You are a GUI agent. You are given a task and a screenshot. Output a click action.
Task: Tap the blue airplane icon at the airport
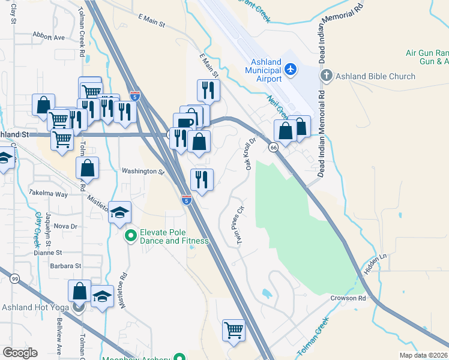pos(291,69)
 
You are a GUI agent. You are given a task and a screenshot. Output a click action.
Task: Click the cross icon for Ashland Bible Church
pos(326,76)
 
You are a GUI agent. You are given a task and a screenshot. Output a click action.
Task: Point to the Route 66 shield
pos(273,148)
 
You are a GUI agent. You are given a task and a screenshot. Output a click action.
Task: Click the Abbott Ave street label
pos(49,37)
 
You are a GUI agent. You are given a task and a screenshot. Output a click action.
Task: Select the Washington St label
pos(143,172)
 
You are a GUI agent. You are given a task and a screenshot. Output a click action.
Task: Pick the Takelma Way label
pos(48,194)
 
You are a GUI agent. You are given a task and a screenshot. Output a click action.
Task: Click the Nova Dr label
pos(65,226)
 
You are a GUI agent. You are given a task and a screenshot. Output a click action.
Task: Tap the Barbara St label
pos(65,266)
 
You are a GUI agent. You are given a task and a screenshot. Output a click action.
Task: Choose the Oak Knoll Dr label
pos(251,154)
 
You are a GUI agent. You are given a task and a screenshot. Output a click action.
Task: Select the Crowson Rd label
pos(348,298)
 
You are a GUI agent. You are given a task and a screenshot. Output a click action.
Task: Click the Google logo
pos(20,353)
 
